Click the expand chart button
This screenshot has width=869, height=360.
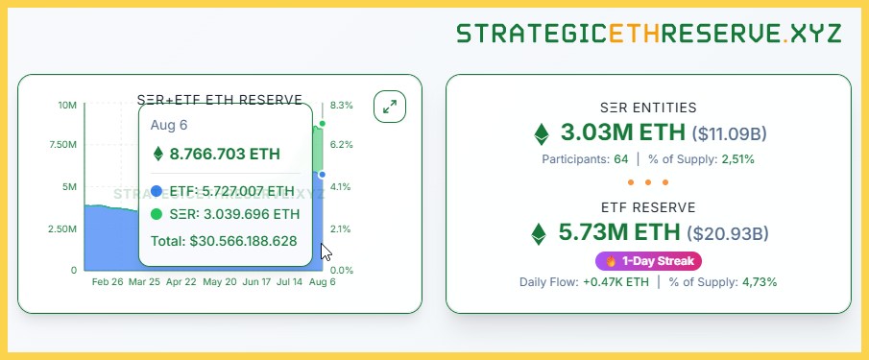[390, 107]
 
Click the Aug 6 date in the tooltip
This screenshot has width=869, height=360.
[170, 125]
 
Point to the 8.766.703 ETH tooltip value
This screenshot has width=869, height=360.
[225, 154]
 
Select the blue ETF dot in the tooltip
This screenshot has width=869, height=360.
[157, 191]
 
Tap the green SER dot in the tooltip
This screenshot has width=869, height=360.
[157, 214]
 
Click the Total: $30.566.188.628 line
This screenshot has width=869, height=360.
[224, 241]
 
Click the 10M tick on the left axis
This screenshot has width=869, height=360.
[67, 105]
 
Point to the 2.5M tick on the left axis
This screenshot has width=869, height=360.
[62, 228]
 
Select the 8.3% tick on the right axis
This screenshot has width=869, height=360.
[342, 105]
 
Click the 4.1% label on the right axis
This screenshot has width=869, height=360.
[342, 187]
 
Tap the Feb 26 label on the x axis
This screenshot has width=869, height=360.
[108, 282]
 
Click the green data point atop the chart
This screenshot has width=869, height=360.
[323, 123]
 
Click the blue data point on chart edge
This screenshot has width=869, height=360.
[323, 175]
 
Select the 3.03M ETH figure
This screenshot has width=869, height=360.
[623, 132]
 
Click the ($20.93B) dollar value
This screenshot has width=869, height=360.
[727, 232]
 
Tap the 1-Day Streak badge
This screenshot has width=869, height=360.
[649, 261]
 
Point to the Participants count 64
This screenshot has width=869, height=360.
[620, 158]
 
